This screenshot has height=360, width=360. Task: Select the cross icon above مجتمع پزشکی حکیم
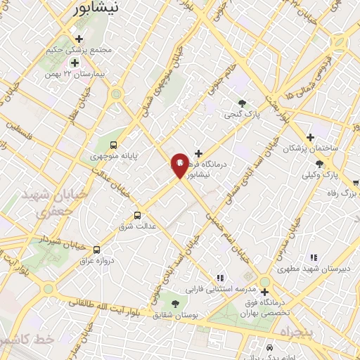79,39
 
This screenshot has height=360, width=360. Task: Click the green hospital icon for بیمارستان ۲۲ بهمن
74,63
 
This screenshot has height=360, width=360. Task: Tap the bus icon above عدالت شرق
137,216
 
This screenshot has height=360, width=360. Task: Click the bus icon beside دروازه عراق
96,249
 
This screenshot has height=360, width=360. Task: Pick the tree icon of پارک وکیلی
320,164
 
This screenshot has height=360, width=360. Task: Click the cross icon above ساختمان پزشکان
309,137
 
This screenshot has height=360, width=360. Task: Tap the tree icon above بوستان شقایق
175,303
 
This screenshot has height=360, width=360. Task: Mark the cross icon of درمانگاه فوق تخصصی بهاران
264,292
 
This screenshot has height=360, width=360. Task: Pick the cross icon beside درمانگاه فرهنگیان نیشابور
199,153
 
